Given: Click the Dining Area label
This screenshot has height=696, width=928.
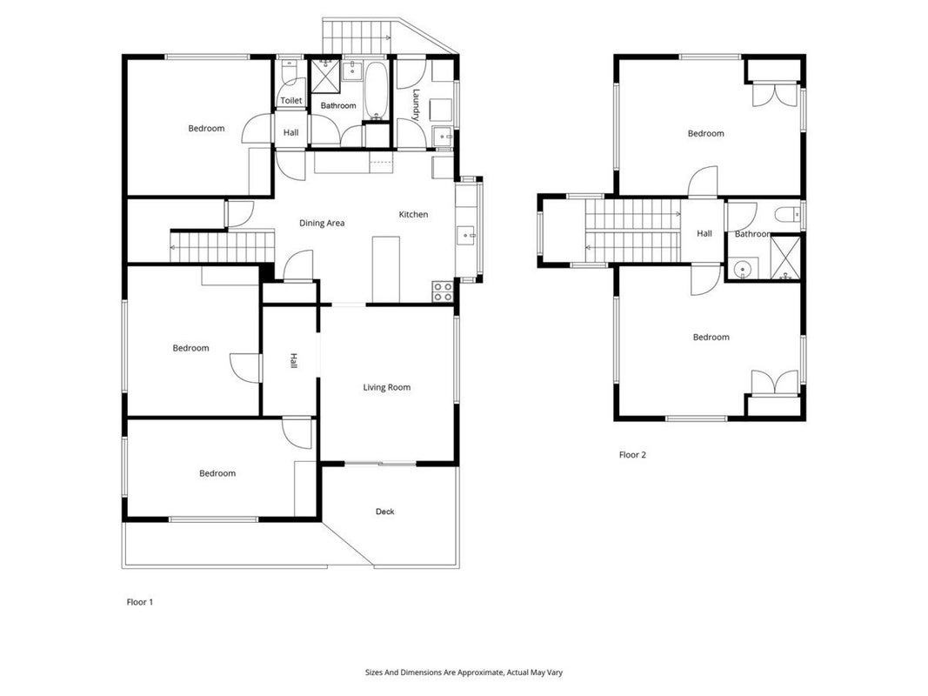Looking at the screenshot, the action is tap(322, 223).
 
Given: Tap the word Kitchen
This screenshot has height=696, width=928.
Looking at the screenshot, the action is tap(413, 214).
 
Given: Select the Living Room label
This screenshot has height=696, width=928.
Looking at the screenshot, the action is tap(386, 388).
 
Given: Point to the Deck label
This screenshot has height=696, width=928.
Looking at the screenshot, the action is tap(384, 512).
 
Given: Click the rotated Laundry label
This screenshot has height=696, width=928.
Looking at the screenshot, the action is tap(416, 104).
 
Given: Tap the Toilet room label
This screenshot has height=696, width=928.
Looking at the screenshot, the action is tap(290, 101).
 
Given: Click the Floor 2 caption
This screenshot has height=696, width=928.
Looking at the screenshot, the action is tap(632, 454).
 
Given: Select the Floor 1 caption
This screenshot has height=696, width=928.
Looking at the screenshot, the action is tap(140, 602).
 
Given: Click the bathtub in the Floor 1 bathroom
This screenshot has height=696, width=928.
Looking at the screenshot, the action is tap(375, 90).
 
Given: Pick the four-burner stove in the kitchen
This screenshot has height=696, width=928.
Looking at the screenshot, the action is tap(443, 291).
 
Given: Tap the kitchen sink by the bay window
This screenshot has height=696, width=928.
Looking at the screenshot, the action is tap(466, 236).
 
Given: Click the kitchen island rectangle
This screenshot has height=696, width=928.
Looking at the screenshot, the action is tap(386, 270).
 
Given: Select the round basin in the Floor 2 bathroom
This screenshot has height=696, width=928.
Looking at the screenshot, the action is tap(742, 269).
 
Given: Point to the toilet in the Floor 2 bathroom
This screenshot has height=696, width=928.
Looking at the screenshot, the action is tap(788, 214).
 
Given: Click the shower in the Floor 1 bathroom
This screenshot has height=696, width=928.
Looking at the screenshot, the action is tap(326, 76).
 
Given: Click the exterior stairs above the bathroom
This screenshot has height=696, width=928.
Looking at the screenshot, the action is tap(357, 36).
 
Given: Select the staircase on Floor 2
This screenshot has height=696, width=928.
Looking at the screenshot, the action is tap(632, 231).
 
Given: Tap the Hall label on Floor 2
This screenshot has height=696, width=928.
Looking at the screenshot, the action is tap(704, 234).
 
